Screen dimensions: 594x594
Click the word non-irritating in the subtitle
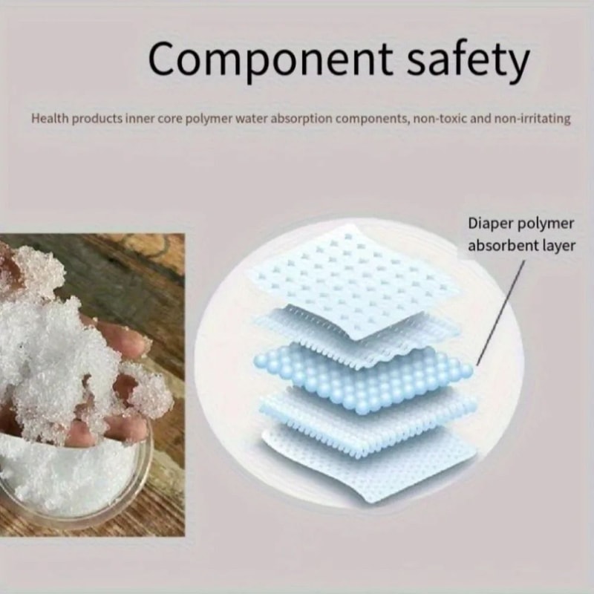point(529,118)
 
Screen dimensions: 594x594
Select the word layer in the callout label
point(557,245)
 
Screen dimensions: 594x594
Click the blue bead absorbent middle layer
point(364,375)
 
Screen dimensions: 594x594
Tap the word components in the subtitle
point(367,118)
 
